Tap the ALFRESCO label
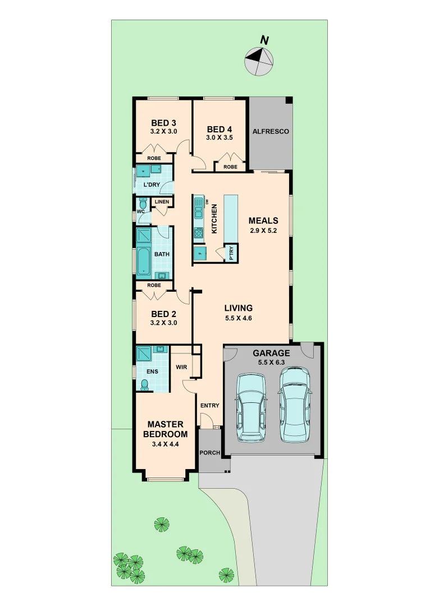[x=271, y=131]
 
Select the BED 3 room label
[x=163, y=123]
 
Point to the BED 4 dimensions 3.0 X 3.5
[x=219, y=137]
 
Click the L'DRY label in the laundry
[x=152, y=185]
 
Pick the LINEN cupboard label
[x=162, y=202]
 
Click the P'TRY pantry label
[x=231, y=254]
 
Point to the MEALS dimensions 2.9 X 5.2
[x=263, y=230]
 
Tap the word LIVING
[x=239, y=308]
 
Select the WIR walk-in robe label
[x=181, y=368]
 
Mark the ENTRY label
[x=209, y=406]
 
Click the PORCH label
[x=209, y=453]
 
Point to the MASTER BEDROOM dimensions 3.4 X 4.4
[x=165, y=444]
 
